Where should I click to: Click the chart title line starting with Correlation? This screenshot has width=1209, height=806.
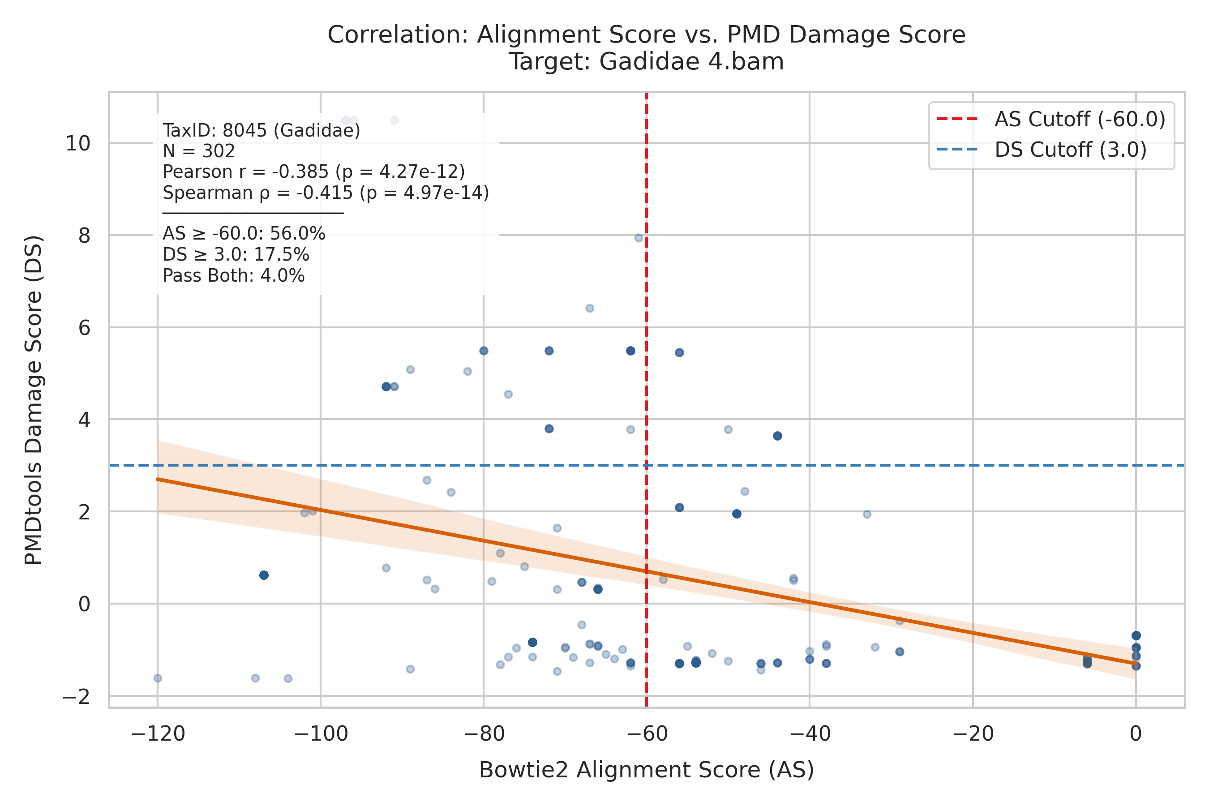click(x=646, y=35)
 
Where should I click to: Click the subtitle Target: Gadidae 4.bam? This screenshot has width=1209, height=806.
click(x=646, y=62)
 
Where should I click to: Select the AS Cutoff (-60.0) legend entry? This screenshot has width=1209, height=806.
click(x=1051, y=119)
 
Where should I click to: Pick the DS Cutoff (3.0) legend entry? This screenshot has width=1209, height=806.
click(x=1042, y=150)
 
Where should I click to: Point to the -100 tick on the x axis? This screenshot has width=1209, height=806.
click(x=321, y=733)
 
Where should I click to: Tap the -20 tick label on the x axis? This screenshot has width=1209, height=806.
click(x=973, y=733)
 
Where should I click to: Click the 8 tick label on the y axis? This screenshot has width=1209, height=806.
click(x=84, y=236)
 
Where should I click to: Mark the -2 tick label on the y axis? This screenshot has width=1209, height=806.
click(x=76, y=696)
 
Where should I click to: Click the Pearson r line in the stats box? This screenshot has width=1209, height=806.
click(x=313, y=171)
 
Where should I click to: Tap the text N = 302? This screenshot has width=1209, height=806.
click(x=199, y=151)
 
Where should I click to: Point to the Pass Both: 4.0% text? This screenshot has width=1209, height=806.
click(x=233, y=276)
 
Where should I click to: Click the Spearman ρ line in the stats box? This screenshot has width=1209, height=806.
click(x=326, y=193)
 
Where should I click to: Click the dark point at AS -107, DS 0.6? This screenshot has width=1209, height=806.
click(x=264, y=575)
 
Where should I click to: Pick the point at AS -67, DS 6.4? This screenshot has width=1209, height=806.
click(x=590, y=309)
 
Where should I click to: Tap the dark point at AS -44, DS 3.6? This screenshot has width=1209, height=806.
click(x=777, y=436)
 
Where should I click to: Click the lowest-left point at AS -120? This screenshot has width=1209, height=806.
click(x=158, y=678)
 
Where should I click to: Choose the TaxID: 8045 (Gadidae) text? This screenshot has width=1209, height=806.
click(x=262, y=131)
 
